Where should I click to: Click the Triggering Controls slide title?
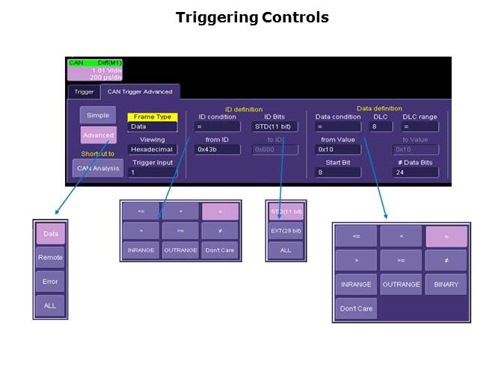click(252, 17)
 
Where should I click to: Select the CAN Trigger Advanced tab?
click(140, 92)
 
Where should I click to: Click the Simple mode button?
click(98, 115)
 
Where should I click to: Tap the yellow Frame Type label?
click(152, 117)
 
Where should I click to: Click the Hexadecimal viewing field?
click(153, 149)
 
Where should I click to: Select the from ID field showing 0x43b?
click(218, 149)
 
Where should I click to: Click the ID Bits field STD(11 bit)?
click(275, 127)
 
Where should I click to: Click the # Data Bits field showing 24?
click(416, 172)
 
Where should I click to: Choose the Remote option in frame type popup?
click(51, 258)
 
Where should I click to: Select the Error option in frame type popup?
click(51, 282)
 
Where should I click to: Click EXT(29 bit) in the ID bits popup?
click(286, 231)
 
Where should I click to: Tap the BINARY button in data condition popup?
click(446, 285)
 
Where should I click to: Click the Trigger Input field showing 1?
click(153, 173)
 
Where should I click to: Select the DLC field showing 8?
click(381, 127)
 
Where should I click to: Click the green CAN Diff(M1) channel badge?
click(95, 63)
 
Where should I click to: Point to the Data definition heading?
click(378, 108)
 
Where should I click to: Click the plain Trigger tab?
click(84, 92)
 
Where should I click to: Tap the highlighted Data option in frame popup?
click(51, 234)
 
